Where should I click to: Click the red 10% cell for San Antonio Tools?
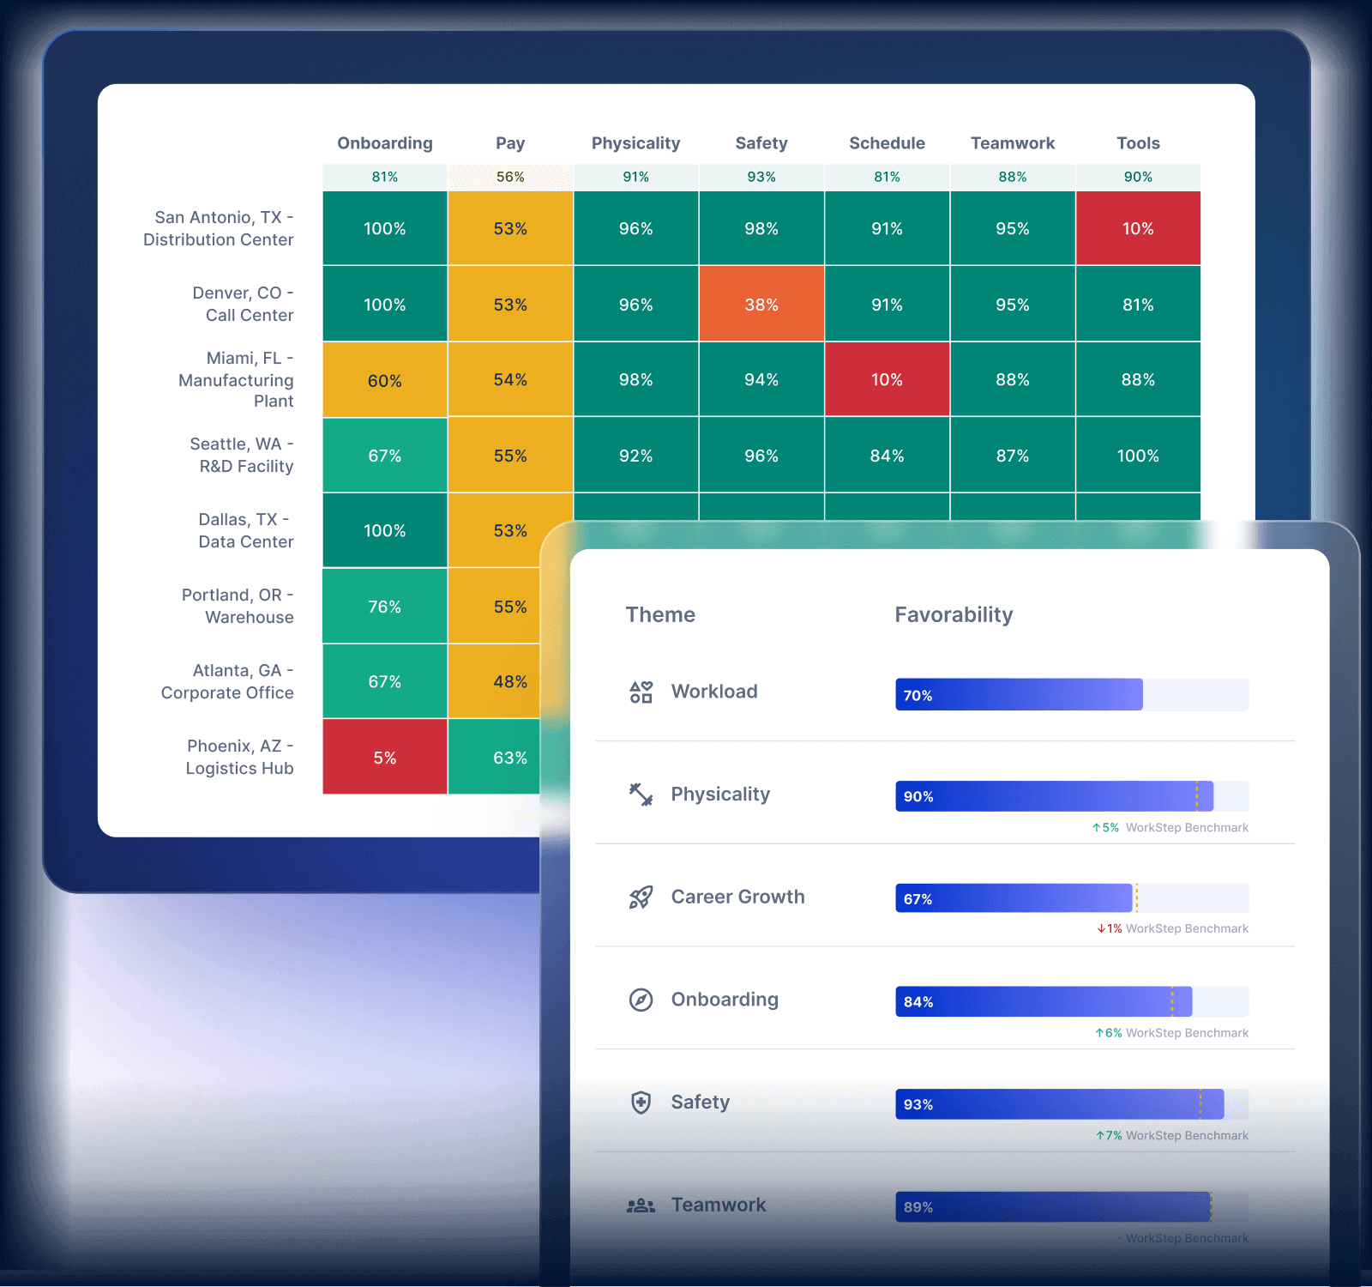(1138, 229)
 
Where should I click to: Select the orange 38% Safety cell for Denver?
(761, 305)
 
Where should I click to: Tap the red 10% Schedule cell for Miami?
(887, 380)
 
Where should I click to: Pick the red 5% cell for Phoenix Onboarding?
(385, 758)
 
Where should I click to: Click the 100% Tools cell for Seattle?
(1138, 456)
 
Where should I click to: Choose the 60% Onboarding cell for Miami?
(385, 380)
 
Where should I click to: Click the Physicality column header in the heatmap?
(635, 143)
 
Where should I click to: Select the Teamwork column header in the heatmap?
(1013, 143)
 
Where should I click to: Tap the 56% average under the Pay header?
(510, 177)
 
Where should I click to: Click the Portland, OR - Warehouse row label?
(238, 606)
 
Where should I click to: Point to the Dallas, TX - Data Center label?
(245, 530)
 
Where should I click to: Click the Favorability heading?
(954, 614)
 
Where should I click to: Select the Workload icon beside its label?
(641, 692)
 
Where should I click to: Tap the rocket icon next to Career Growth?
(641, 897)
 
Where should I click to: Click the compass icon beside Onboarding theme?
(641, 1000)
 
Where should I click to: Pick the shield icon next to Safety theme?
(641, 1103)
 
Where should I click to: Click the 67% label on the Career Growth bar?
(918, 899)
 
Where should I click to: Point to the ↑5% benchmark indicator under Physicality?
(1105, 828)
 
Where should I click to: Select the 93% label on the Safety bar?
(918, 1104)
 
